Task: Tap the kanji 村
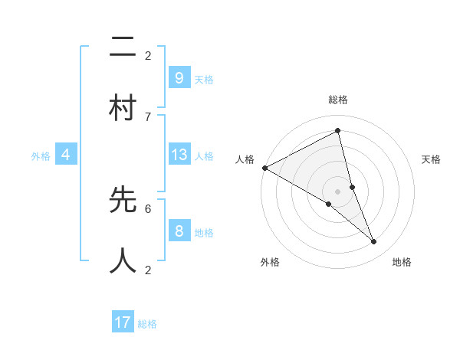point(123,109)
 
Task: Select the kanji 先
point(123,200)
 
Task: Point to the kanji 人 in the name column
point(123,260)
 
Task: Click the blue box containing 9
point(179,77)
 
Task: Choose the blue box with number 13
point(179,155)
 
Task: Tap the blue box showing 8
point(179,231)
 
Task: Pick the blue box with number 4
point(66,155)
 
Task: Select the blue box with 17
point(123,322)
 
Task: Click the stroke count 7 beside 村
point(148,116)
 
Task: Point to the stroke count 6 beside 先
point(148,208)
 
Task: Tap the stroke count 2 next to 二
point(148,55)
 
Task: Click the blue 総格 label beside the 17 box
point(147,324)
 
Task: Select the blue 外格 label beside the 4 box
point(41,156)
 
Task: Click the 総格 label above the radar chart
point(338,100)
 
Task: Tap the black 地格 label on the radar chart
point(402,262)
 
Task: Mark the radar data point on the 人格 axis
point(264,168)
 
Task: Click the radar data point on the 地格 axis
point(374,241)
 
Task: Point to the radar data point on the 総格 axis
point(338,130)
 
